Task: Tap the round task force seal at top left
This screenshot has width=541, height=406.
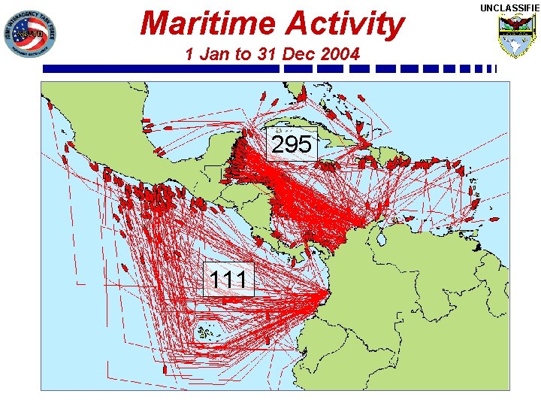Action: [29, 35]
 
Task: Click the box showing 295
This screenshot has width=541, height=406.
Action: [292, 145]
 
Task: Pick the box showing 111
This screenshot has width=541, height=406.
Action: [228, 279]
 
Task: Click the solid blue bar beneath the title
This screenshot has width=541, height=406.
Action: [162, 68]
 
